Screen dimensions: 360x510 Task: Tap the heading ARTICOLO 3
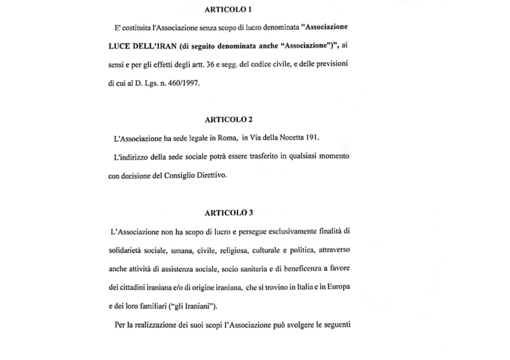pos(229,213)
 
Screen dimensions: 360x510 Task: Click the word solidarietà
pos(125,249)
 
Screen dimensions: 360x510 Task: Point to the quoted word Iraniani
pos(185,306)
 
